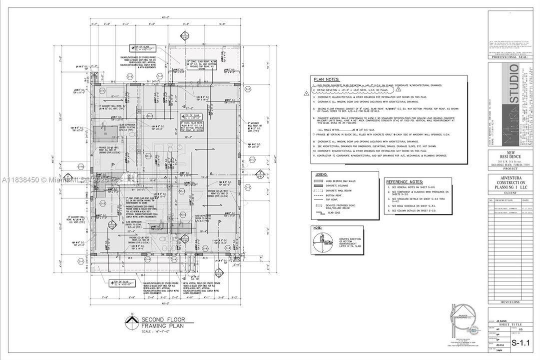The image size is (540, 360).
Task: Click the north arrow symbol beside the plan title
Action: [x=132, y=320]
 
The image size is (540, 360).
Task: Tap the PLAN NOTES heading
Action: [x=327, y=79]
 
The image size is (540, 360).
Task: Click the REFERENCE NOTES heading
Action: [x=405, y=181]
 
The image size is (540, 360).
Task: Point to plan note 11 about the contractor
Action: [x=380, y=155]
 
